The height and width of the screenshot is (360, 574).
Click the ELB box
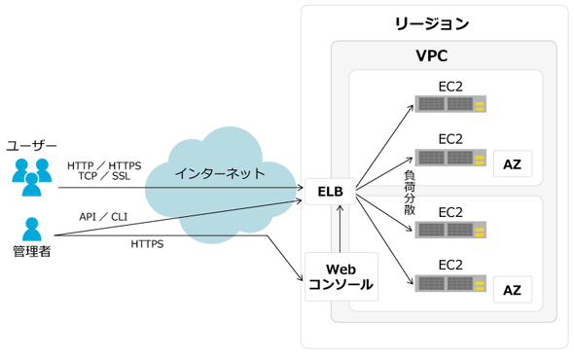pyautogui.click(x=330, y=192)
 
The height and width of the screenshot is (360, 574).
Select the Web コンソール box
pyautogui.click(x=341, y=277)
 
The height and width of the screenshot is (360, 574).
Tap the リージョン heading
pyautogui.click(x=432, y=23)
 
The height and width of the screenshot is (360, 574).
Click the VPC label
pyautogui.click(x=432, y=56)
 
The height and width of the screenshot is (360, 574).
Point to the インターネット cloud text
pyautogui.click(x=220, y=173)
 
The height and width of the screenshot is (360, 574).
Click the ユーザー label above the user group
pyautogui.click(x=31, y=146)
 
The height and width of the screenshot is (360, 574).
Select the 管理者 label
pyautogui.click(x=32, y=251)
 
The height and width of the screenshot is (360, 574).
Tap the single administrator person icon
pyautogui.click(x=32, y=229)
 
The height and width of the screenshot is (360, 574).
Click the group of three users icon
pyautogui.click(x=32, y=177)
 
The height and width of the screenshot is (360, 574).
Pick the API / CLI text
pyautogui.click(x=103, y=217)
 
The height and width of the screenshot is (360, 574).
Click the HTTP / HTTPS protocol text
pyautogui.click(x=104, y=166)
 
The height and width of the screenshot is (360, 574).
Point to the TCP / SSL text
pyautogui.click(x=104, y=176)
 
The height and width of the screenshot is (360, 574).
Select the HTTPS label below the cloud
pyautogui.click(x=147, y=244)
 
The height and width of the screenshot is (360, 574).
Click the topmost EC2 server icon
pyautogui.click(x=450, y=104)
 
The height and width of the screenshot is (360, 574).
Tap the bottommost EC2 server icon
pyautogui.click(x=450, y=283)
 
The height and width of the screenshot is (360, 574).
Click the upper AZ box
pyautogui.click(x=513, y=163)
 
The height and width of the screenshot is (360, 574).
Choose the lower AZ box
pyautogui.click(x=513, y=290)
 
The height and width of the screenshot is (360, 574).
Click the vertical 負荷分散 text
pyautogui.click(x=410, y=193)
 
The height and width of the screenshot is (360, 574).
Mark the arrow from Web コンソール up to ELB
pyautogui.click(x=341, y=229)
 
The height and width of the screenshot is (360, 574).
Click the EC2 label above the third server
pyautogui.click(x=450, y=212)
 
